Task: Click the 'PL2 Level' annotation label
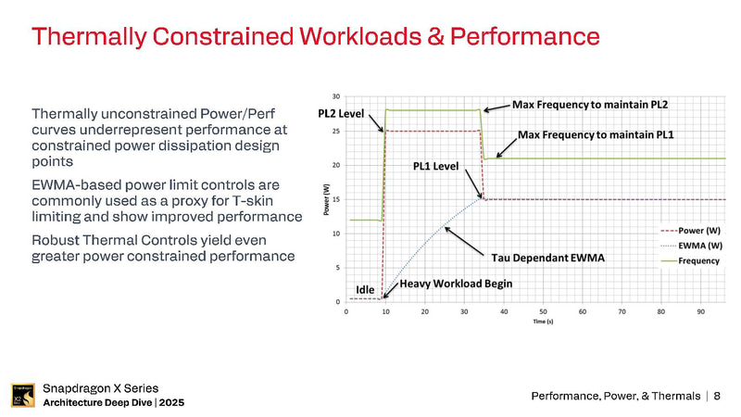click(341, 113)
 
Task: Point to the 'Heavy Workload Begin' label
click(456, 284)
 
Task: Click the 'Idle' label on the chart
click(365, 290)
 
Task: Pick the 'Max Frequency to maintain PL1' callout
click(596, 135)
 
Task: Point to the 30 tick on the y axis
click(335, 96)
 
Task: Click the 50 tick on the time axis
click(543, 311)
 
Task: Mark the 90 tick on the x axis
click(700, 311)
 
